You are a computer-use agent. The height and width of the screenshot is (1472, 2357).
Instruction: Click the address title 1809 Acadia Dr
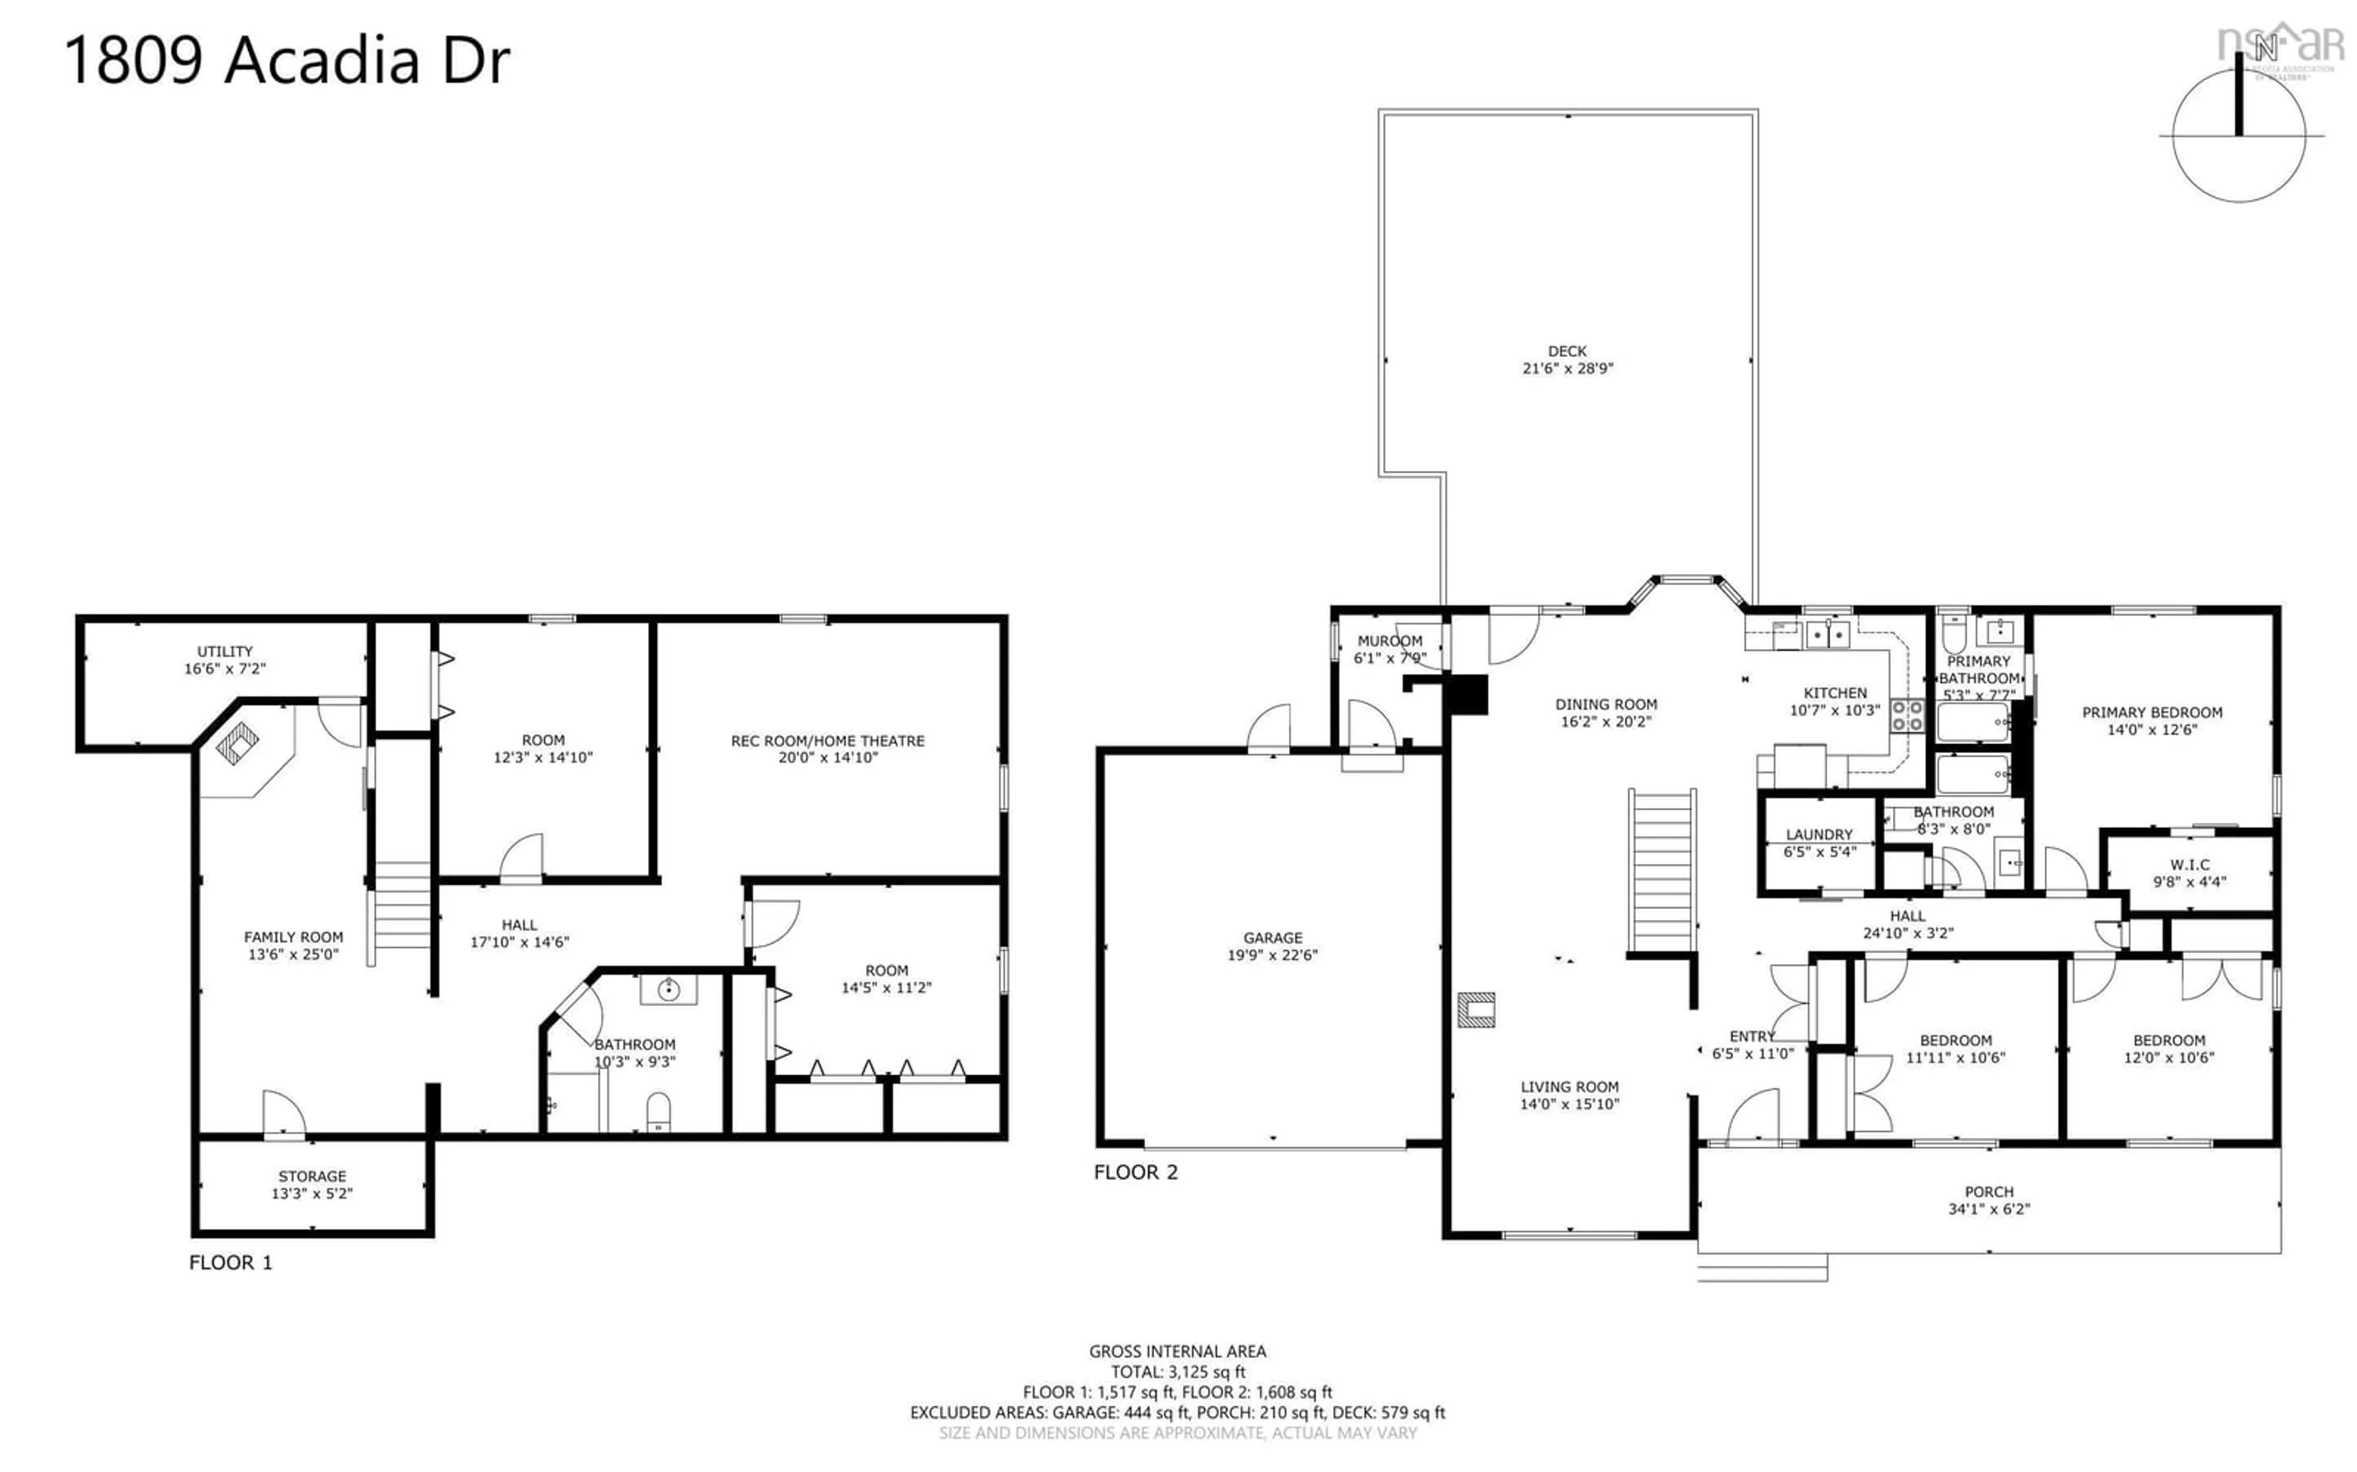[287, 60]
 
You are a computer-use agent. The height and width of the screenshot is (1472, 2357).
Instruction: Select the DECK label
[1567, 350]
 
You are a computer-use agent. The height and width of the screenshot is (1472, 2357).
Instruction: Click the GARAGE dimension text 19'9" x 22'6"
[1272, 955]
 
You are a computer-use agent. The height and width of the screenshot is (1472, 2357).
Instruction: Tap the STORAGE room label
[312, 1176]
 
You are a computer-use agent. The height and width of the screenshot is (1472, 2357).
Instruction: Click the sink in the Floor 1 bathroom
[668, 990]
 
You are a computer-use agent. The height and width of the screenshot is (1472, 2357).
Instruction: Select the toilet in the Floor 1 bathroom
[659, 1112]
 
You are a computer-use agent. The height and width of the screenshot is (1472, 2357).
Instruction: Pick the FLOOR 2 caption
[1136, 1172]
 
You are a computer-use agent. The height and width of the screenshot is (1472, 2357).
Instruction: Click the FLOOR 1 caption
[231, 1263]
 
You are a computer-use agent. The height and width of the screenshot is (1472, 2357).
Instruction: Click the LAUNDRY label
[1819, 834]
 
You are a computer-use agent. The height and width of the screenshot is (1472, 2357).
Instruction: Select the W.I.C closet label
[2189, 865]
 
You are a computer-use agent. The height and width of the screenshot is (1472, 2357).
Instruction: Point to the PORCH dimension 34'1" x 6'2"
[1989, 1209]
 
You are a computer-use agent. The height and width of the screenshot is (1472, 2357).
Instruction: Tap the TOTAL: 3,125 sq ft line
[1177, 1372]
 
